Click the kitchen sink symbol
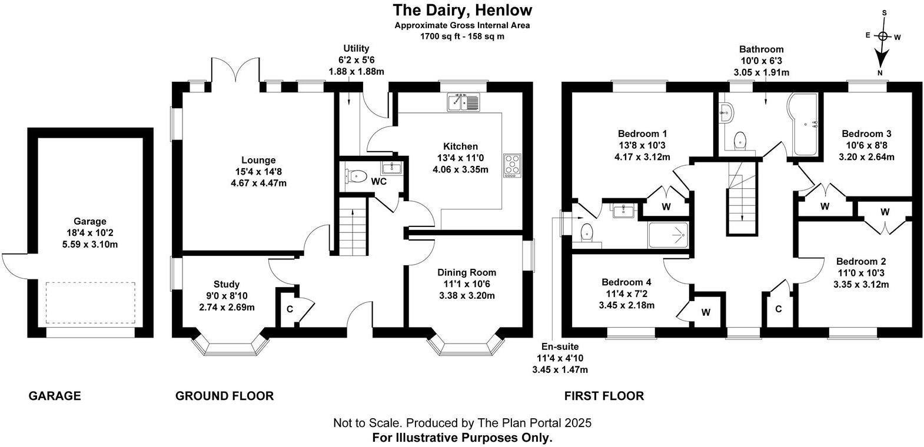pos(464,102)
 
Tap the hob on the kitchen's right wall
pos(511,165)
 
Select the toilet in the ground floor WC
pos(357,176)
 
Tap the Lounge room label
pos(258,160)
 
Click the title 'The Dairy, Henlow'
pos(462,10)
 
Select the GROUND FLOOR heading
pos(224,396)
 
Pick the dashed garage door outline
pos(90,303)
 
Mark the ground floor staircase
pos(353,226)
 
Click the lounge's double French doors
pos(235,74)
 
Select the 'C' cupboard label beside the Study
pos(290,309)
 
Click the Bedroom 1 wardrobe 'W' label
pos(666,206)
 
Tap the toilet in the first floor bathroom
pos(740,140)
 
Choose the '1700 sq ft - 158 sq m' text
pos(462,36)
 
